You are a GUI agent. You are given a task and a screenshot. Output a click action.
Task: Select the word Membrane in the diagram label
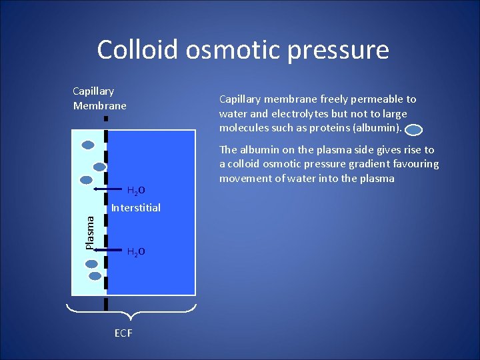click(x=99, y=105)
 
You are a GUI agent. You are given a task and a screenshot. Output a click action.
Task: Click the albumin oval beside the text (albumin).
click(x=414, y=131)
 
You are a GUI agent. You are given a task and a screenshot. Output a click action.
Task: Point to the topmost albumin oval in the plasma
click(x=88, y=144)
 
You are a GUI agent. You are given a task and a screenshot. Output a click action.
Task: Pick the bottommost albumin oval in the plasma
click(x=95, y=275)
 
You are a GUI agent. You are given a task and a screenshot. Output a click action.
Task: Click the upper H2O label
click(x=136, y=191)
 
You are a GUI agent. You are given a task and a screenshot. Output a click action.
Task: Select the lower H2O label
click(x=136, y=252)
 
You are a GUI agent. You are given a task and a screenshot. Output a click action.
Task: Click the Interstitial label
click(x=136, y=208)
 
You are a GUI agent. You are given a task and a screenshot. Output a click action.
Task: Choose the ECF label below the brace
click(x=123, y=333)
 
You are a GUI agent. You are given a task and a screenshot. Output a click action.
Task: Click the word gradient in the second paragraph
click(x=361, y=164)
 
